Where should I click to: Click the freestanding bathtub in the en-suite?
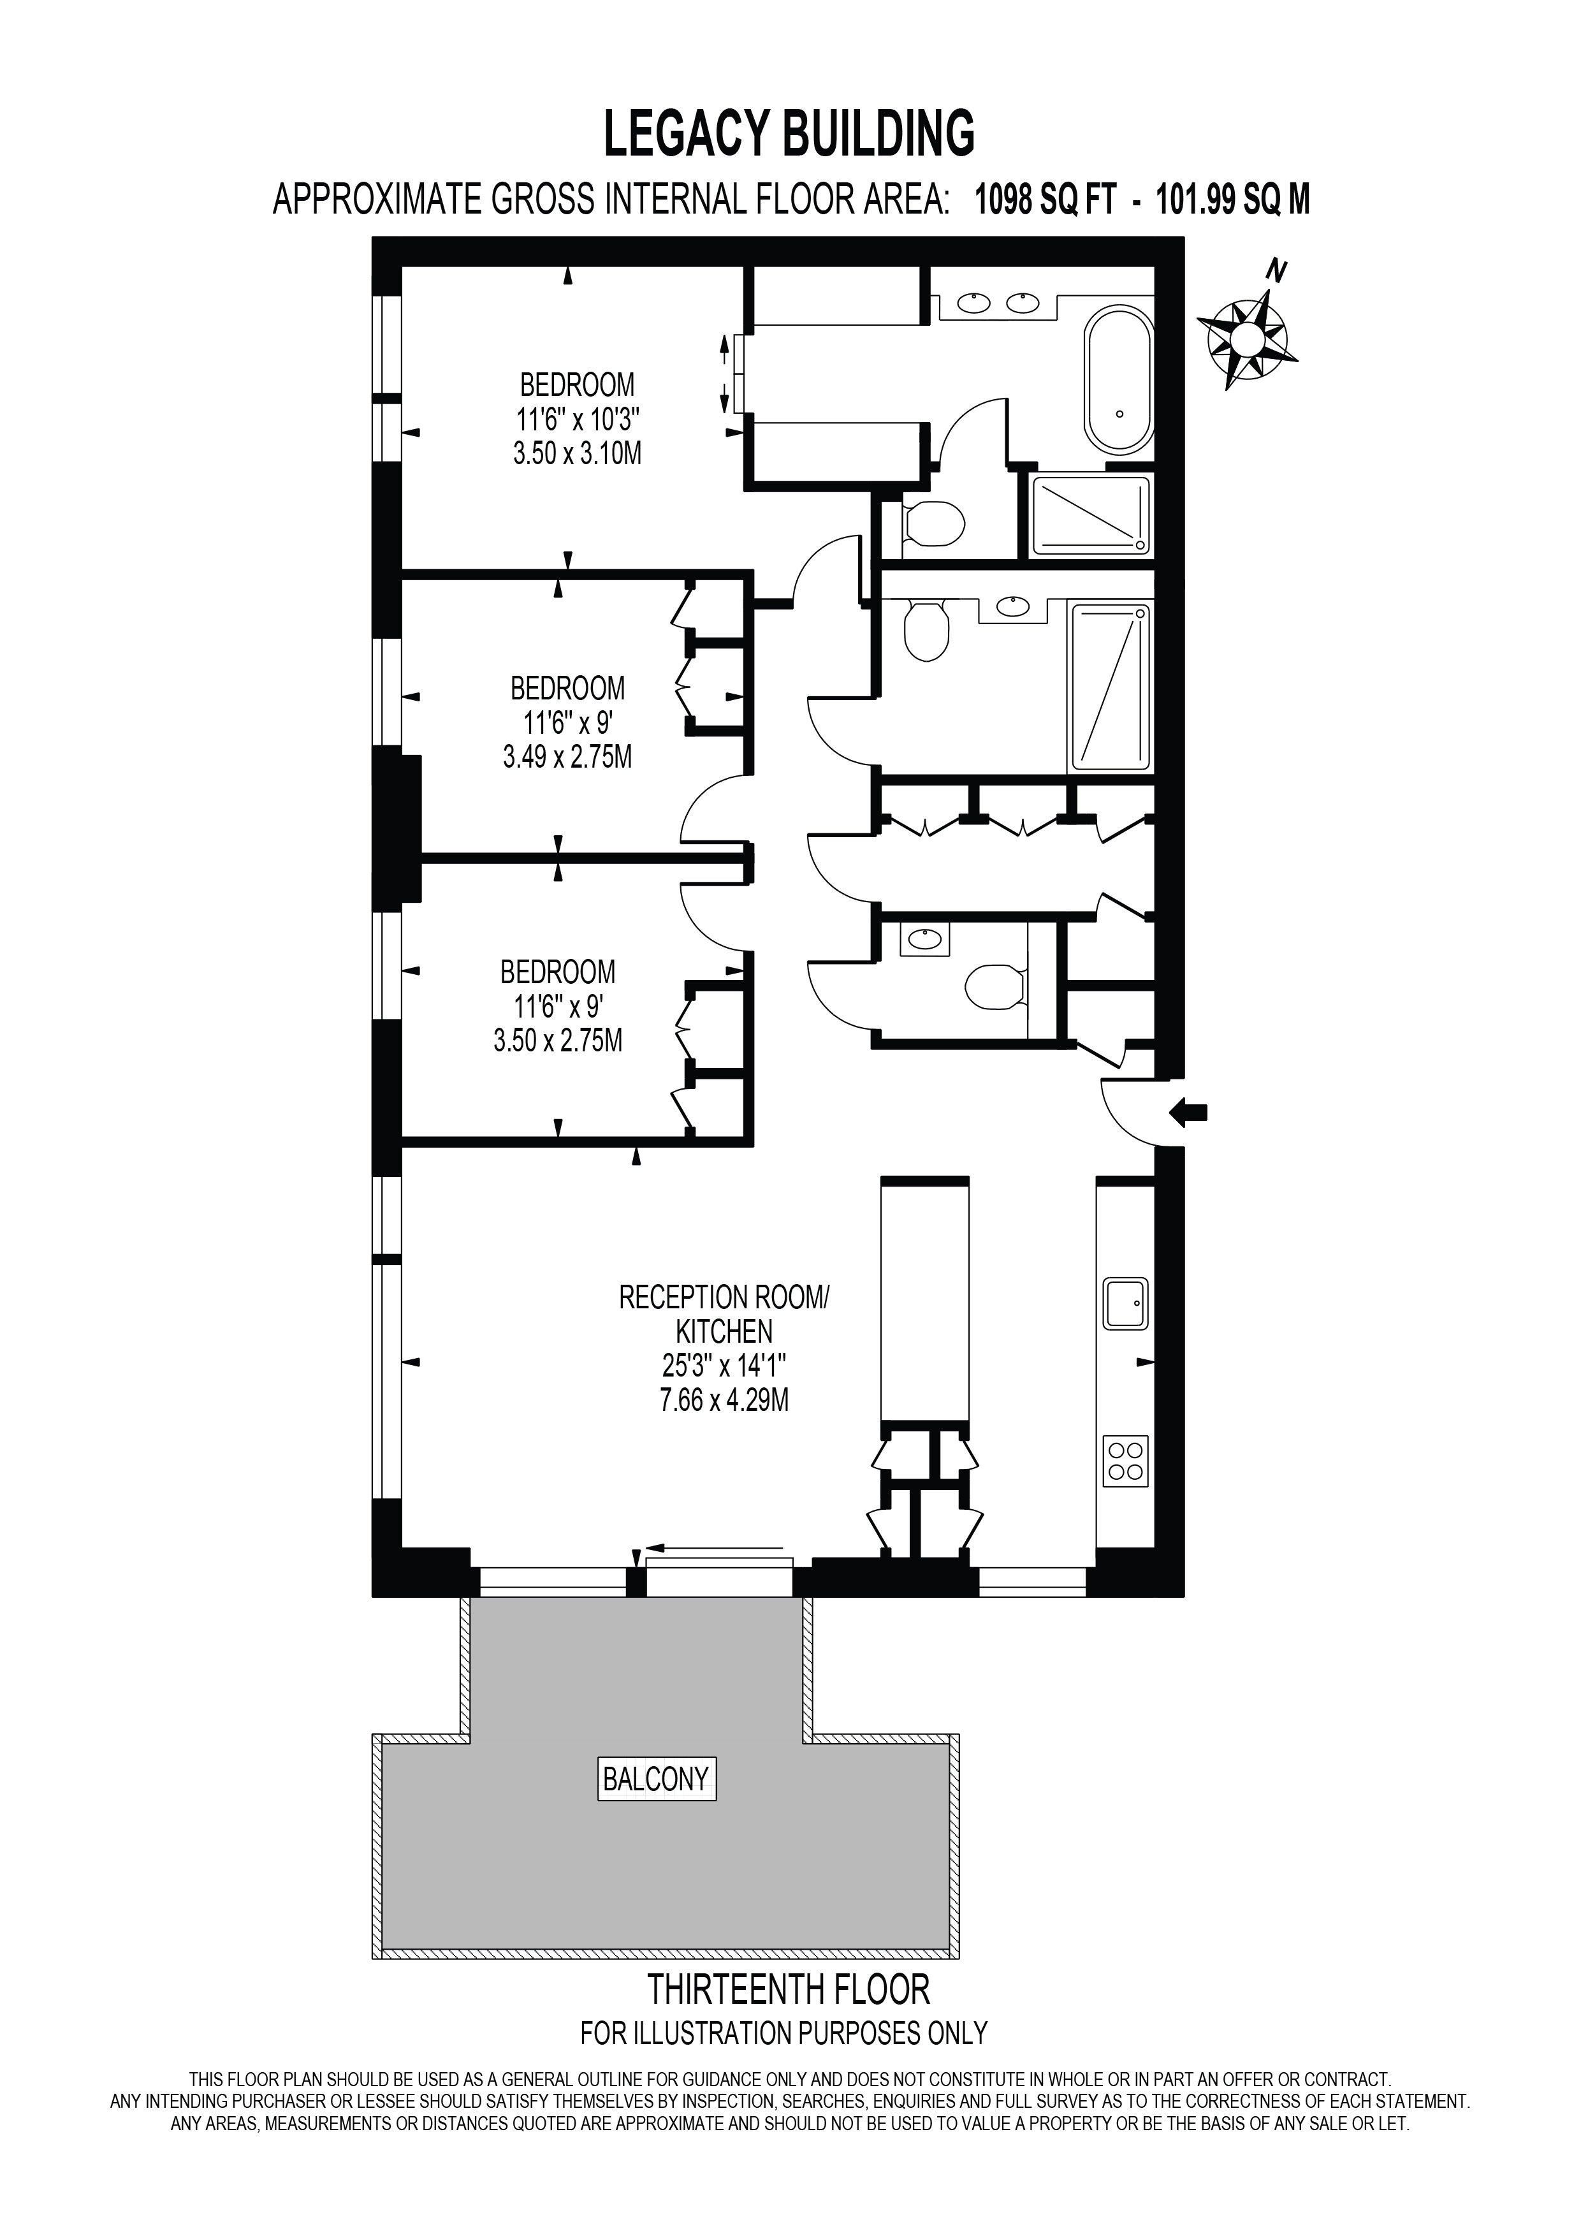point(1119,380)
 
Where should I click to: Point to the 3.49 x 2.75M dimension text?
point(567,757)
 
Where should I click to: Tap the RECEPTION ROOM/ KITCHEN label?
point(724,1314)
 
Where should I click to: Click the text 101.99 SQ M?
point(1232,201)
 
